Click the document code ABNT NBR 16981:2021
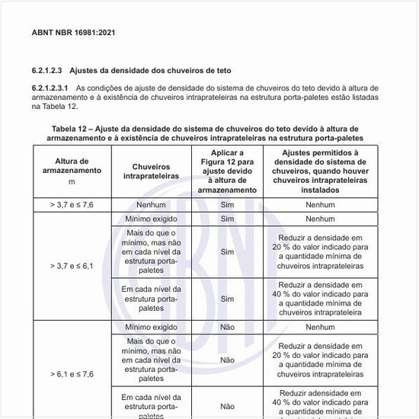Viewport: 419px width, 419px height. pos(74,34)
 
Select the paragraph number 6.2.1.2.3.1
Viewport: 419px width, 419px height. pos(53,88)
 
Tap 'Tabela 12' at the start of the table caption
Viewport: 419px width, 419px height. pos(72,129)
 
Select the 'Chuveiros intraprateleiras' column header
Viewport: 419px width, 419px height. pos(151,171)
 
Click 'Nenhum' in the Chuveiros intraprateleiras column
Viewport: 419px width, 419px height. pos(151,206)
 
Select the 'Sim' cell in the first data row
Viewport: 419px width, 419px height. pos(226,206)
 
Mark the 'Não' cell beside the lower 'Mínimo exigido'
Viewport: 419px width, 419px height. pos(226,326)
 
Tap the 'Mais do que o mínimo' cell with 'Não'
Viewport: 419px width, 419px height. pos(151,359)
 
